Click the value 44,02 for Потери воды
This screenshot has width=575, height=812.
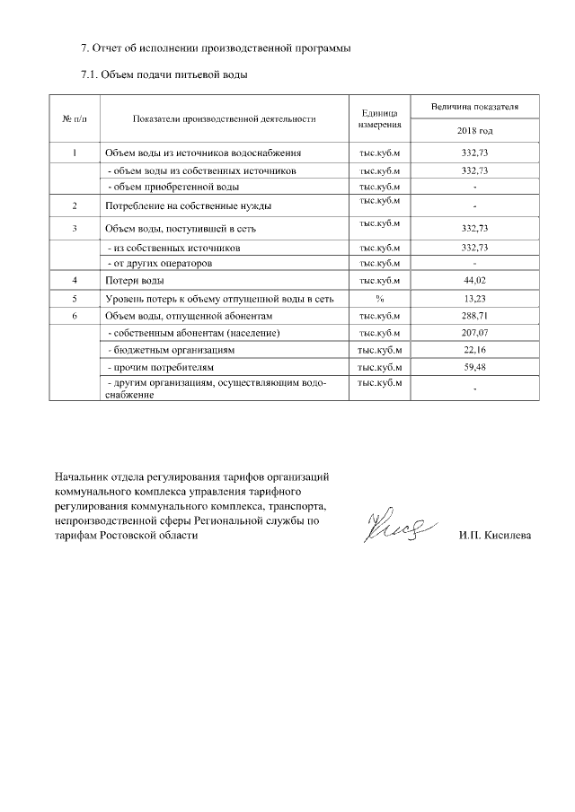pyautogui.click(x=473, y=282)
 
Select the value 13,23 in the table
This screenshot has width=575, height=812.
pyautogui.click(x=473, y=299)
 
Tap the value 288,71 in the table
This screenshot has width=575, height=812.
pyautogui.click(x=473, y=316)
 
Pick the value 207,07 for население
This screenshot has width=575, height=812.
pyautogui.click(x=473, y=333)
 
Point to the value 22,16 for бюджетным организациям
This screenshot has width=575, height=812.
pyautogui.click(x=473, y=350)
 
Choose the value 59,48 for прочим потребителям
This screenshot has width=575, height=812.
pyautogui.click(x=473, y=367)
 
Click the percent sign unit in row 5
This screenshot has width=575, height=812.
pyautogui.click(x=380, y=299)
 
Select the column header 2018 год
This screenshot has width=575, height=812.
pyautogui.click(x=474, y=131)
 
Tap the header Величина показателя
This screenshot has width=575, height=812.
pyautogui.click(x=474, y=107)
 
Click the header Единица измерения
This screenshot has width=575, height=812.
pyautogui.click(x=380, y=118)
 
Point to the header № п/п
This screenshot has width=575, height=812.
pyautogui.click(x=74, y=118)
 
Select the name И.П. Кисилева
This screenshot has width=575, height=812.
pyautogui.click(x=494, y=536)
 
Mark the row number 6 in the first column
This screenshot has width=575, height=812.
pyautogui.click(x=75, y=316)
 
